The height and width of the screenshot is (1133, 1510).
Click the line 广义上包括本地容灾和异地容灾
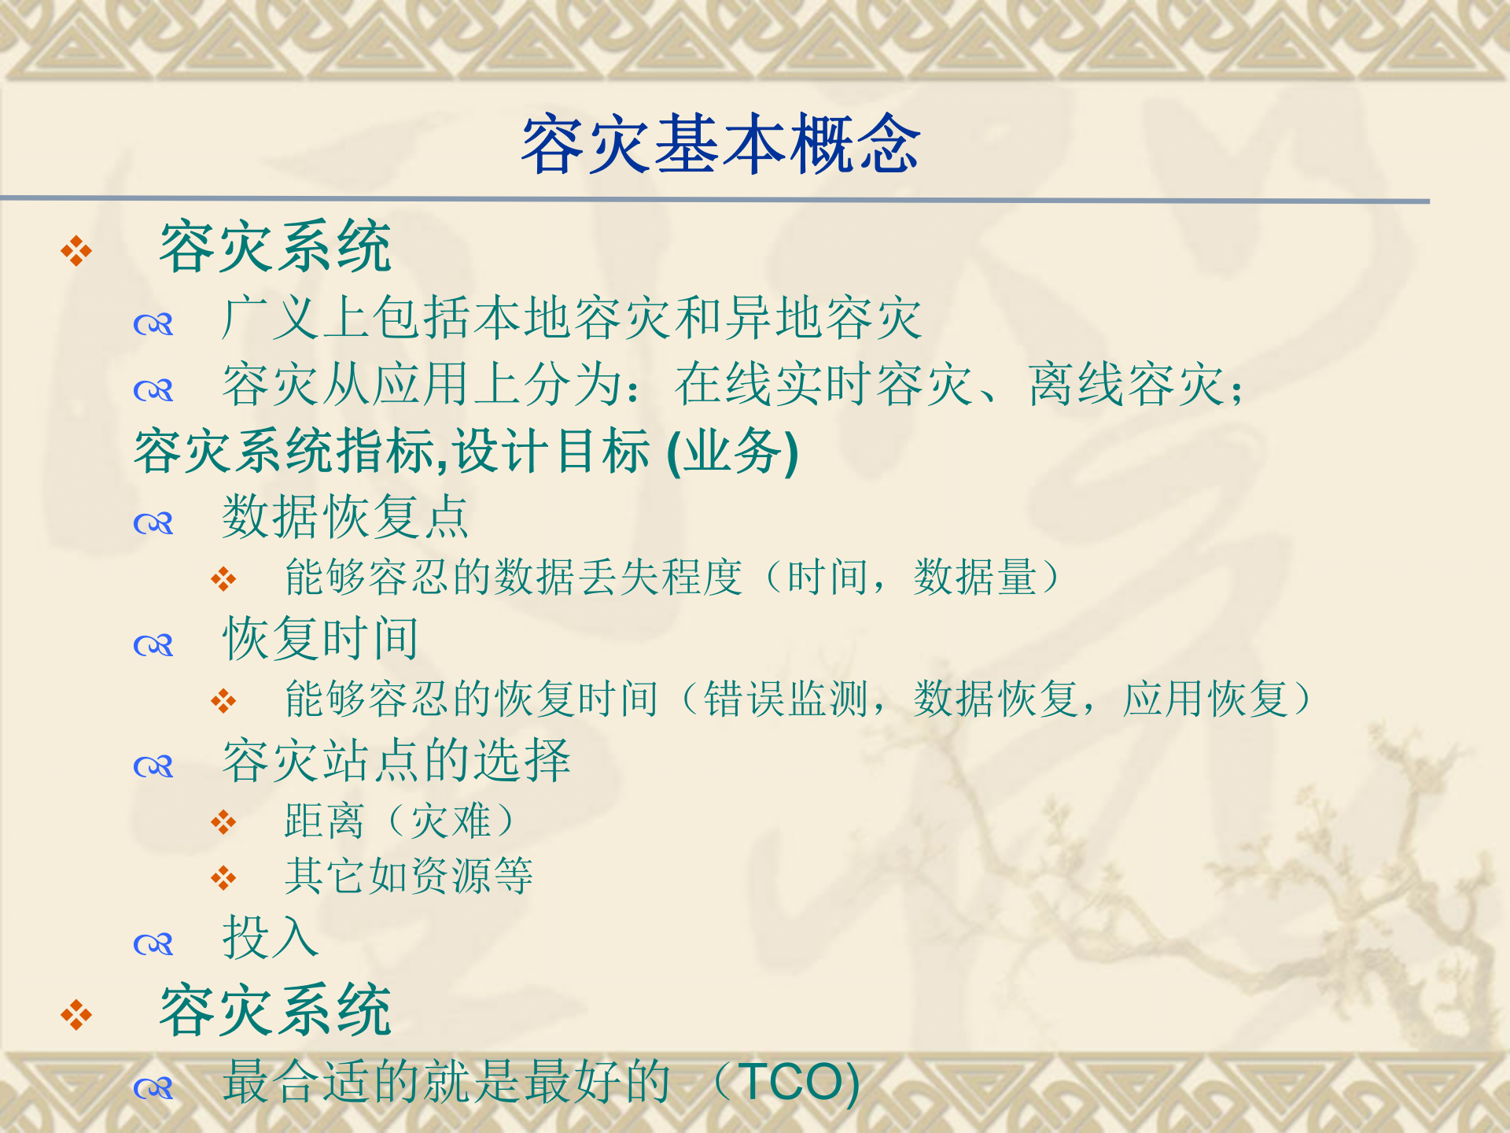tap(572, 319)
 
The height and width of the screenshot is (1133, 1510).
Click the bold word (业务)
tap(732, 452)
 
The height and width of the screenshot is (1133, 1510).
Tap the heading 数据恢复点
tap(345, 517)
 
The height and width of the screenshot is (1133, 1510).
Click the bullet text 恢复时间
tap(321, 638)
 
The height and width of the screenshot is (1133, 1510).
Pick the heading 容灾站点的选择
tap(396, 761)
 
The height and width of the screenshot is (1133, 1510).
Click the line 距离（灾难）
tap(401, 821)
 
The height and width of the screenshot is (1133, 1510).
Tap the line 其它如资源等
tap(409, 876)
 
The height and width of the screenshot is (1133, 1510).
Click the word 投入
tap(270, 937)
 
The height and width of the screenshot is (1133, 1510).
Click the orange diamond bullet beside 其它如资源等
tap(223, 877)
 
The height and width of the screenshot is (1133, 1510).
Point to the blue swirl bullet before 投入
tap(153, 943)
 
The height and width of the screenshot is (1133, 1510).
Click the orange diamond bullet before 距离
tap(223, 822)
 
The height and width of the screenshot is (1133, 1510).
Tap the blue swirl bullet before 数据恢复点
tap(153, 523)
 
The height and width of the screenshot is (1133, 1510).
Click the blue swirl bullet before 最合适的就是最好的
tap(153, 1088)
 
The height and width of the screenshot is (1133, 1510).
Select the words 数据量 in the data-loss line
tap(975, 578)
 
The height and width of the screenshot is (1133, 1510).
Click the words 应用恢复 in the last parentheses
tap(1205, 699)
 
